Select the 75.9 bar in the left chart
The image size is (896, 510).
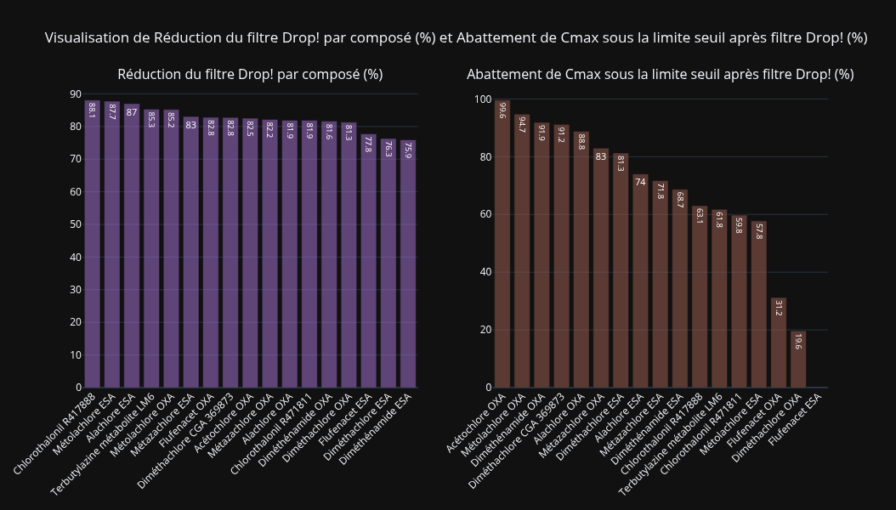(x=408, y=263)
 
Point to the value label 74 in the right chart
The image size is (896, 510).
(x=640, y=182)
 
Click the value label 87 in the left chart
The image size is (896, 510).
(x=132, y=112)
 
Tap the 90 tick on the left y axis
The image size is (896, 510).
(x=76, y=94)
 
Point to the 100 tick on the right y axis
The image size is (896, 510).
(x=482, y=99)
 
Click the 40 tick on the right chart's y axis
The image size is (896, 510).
(x=485, y=272)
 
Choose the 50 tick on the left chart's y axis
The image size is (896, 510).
(x=76, y=224)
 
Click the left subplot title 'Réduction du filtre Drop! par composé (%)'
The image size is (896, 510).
(x=250, y=75)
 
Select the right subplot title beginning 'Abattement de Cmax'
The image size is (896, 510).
(x=660, y=75)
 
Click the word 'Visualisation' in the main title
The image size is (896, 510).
(x=85, y=38)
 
